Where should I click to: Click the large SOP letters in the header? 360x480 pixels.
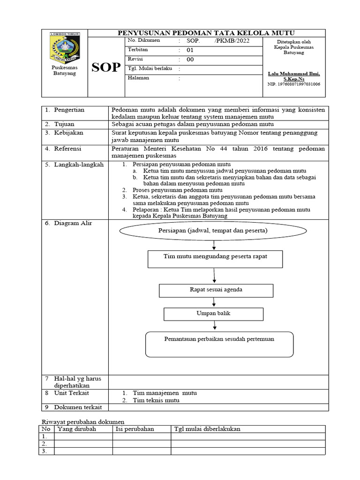[106, 67]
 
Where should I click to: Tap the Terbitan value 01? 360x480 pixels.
[190, 50]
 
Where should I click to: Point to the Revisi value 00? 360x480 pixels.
[190, 60]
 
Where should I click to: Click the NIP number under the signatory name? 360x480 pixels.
[293, 84]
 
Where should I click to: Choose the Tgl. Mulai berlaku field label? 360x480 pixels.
[150, 68]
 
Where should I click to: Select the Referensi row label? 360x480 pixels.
[67, 149]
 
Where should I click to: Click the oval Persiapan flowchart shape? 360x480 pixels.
[213, 231]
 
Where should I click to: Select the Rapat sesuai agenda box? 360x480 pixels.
[216, 290]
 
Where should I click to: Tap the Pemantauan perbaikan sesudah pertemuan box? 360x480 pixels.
[219, 344]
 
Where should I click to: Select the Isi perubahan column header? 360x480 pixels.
[135, 429]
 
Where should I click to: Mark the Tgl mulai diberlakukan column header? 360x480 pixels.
[207, 429]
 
